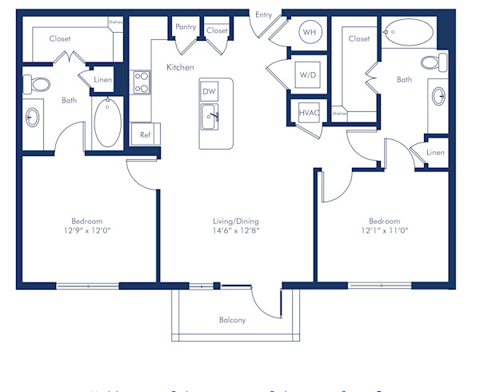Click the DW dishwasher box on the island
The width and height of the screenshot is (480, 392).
click(210, 91)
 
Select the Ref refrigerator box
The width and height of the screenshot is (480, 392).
click(146, 134)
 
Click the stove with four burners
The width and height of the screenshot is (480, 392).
click(142, 82)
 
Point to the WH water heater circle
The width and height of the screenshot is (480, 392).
click(308, 34)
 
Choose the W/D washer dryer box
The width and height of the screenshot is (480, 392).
click(308, 74)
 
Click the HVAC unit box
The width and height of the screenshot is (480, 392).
click(309, 113)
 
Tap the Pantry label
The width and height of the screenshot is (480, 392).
click(186, 27)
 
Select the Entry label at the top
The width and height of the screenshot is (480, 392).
click(263, 14)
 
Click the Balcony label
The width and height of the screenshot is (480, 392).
click(232, 320)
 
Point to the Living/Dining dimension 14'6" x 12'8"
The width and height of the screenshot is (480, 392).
click(235, 231)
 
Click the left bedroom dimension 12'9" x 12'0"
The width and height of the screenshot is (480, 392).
click(86, 231)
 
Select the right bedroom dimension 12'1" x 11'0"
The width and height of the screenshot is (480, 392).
click(384, 231)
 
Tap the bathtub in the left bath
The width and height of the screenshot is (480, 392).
click(106, 122)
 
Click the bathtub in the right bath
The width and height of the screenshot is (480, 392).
click(409, 34)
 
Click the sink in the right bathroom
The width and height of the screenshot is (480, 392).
click(439, 97)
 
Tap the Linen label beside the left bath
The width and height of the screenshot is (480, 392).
click(102, 79)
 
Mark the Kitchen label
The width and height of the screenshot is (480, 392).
click(180, 68)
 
